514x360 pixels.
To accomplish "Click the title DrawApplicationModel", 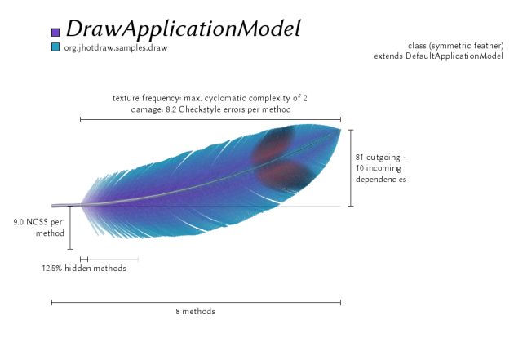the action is point(184,29).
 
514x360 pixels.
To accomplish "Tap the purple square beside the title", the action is point(55,32).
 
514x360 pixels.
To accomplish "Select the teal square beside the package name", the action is point(55,47).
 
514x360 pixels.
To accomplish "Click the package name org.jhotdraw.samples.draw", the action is point(116,48).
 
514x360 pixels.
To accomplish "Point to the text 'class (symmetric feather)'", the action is point(455,45).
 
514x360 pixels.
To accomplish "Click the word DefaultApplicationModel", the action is point(454,56).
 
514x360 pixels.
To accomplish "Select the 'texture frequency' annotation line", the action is point(210,98).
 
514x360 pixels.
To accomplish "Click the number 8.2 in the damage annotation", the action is point(171,109).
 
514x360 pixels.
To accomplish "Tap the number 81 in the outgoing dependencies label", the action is point(360,157).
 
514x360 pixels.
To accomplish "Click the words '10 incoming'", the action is point(379,168).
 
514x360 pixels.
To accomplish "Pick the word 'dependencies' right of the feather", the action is point(381,179).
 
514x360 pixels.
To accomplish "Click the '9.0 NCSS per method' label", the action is point(38,228).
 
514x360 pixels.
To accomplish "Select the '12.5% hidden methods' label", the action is point(84,269).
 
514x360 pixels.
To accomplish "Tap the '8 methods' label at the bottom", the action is point(195,311).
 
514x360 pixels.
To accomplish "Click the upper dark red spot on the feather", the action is point(272,144).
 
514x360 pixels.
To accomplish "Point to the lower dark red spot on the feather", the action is point(284,175).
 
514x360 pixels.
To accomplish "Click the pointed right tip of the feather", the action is point(340,130).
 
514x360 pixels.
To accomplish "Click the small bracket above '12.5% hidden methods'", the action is point(84,260).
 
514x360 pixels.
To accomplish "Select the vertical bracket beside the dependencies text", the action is point(351,168).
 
